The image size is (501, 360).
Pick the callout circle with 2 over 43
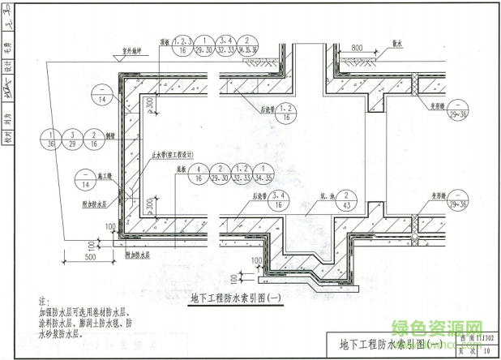[x=346, y=199]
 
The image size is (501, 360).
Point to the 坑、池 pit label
[x=319, y=195]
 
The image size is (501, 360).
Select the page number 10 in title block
[x=485, y=351]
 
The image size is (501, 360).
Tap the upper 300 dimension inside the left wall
[x=152, y=105]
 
